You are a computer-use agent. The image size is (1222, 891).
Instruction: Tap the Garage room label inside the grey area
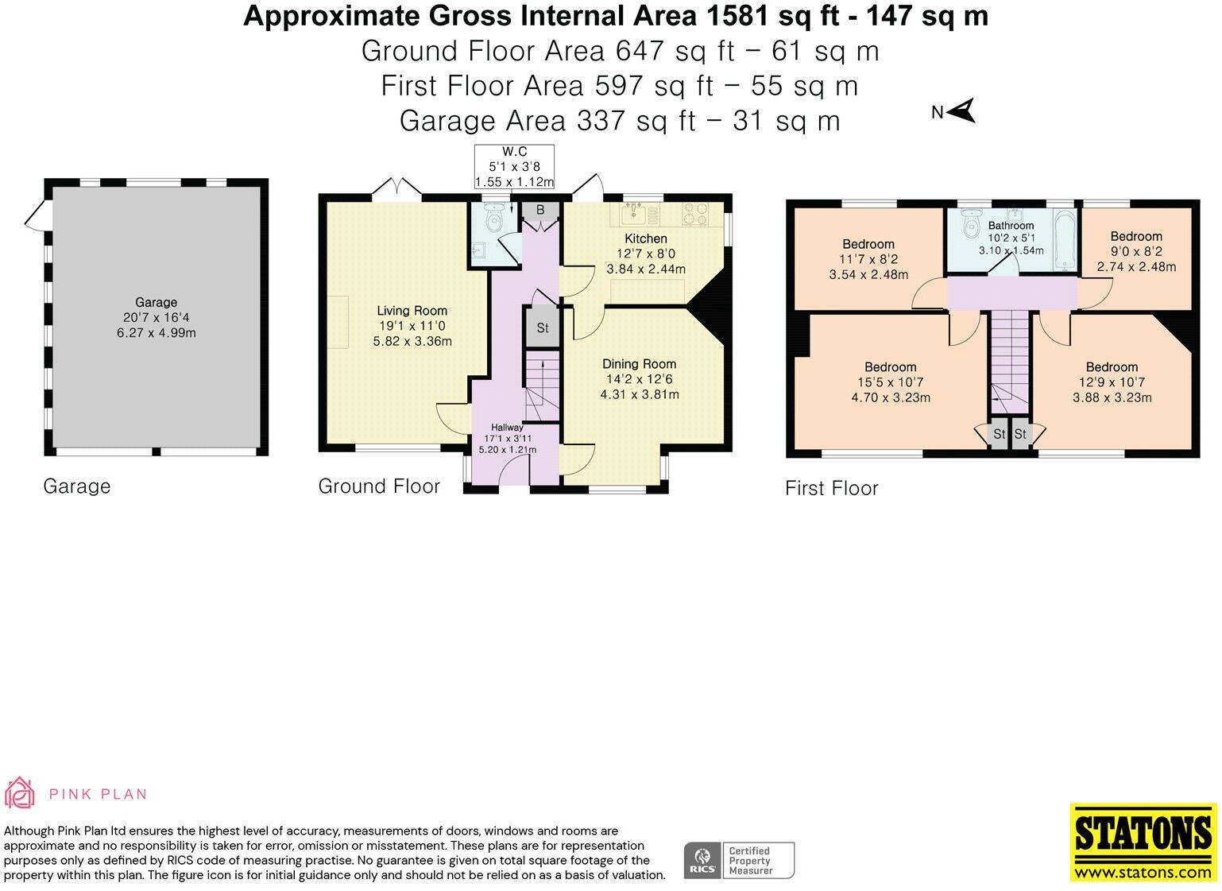[x=156, y=302]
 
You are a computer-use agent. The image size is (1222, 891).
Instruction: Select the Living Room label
[x=412, y=311]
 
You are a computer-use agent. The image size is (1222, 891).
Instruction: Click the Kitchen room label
[x=646, y=238]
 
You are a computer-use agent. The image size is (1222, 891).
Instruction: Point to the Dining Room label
[x=639, y=364]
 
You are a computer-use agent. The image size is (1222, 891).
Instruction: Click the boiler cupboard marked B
[x=540, y=211]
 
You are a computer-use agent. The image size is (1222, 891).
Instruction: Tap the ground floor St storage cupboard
[x=542, y=327]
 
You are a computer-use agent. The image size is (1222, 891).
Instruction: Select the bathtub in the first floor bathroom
[x=1064, y=236]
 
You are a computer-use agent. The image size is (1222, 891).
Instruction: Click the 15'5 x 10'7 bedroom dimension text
[x=890, y=382]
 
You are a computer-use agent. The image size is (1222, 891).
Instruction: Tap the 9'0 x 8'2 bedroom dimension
[x=1136, y=251]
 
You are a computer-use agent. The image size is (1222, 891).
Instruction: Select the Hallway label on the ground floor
[x=507, y=428]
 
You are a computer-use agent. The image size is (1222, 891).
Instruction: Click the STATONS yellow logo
[x=1143, y=842]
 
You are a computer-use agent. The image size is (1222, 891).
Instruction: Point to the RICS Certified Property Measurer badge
[x=739, y=860]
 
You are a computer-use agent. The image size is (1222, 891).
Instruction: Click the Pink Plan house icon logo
[x=20, y=792]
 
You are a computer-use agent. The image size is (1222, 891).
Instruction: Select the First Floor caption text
[x=831, y=488]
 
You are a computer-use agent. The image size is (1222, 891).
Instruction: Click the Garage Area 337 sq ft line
[x=619, y=121]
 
